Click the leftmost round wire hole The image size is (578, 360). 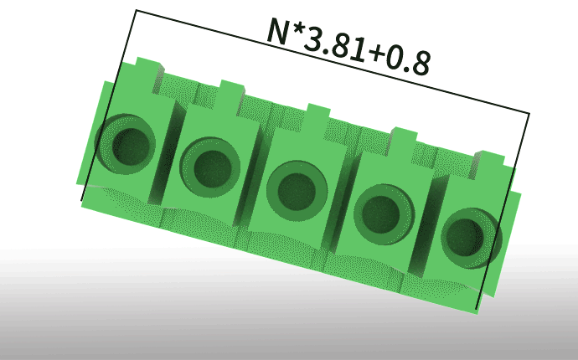[x=126, y=145]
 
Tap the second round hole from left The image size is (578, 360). [x=210, y=167]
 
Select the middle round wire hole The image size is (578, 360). [x=297, y=191]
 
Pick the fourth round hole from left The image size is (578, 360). [x=384, y=214]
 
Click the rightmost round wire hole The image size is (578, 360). [x=471, y=238]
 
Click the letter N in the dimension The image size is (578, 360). [x=278, y=32]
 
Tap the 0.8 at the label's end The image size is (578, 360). [x=409, y=62]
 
